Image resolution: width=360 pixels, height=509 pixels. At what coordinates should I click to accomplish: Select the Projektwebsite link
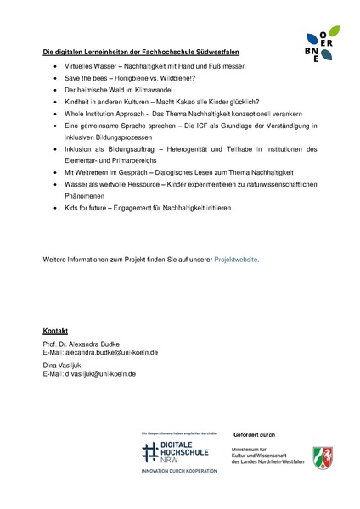[237, 258]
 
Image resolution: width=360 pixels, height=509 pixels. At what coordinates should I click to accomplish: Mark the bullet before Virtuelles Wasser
[55, 64]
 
